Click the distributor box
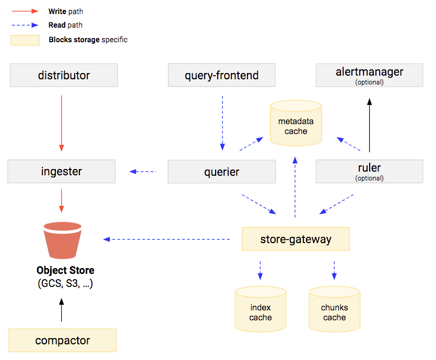coord(64,76)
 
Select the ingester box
coord(62,172)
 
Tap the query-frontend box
coord(221,76)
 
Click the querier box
coord(221,172)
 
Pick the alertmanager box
coord(369,75)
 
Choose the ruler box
coord(369,171)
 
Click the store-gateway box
coord(296,239)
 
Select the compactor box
coord(62,341)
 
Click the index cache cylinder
coord(260,310)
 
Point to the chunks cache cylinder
coord(334,310)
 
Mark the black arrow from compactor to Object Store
coord(62,310)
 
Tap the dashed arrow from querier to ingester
coord(143,171)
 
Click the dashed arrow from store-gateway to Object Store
coord(167,239)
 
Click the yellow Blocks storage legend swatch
coord(25,40)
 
